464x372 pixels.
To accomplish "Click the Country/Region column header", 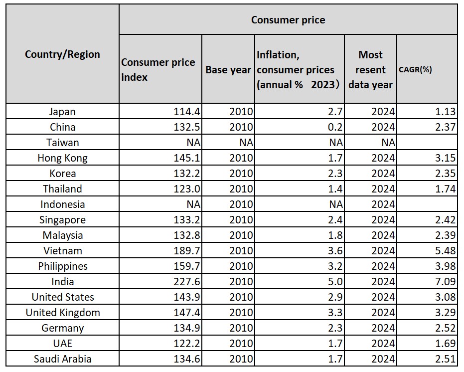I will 62,54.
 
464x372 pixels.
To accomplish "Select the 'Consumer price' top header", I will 288,20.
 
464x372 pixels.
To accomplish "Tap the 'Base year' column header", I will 228,70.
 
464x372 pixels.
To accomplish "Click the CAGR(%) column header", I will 415,70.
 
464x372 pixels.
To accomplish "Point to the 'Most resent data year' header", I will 370,70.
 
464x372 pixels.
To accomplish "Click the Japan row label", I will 62,112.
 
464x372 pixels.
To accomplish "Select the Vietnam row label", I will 62,251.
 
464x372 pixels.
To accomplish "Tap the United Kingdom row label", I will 62,313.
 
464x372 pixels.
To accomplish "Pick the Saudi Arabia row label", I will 62,359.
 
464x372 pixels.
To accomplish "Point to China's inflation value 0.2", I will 335,127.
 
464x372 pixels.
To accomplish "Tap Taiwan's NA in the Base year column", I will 246,143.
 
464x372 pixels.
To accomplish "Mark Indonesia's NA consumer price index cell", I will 193,204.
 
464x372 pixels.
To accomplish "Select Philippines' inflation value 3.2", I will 335,266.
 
